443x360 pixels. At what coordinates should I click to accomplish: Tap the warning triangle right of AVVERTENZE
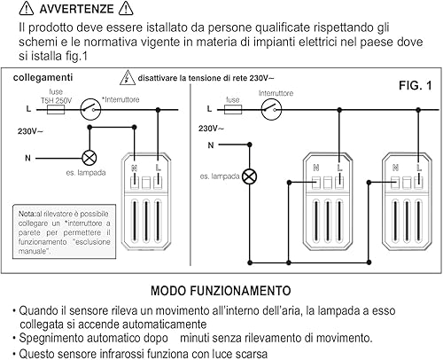click(148, 10)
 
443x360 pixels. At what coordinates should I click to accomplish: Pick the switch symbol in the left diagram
click(89, 110)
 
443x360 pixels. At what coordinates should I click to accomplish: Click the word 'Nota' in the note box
click(27, 214)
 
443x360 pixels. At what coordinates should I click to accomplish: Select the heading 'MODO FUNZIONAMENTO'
click(221, 290)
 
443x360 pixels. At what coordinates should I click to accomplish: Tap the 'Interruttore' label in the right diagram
click(276, 92)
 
